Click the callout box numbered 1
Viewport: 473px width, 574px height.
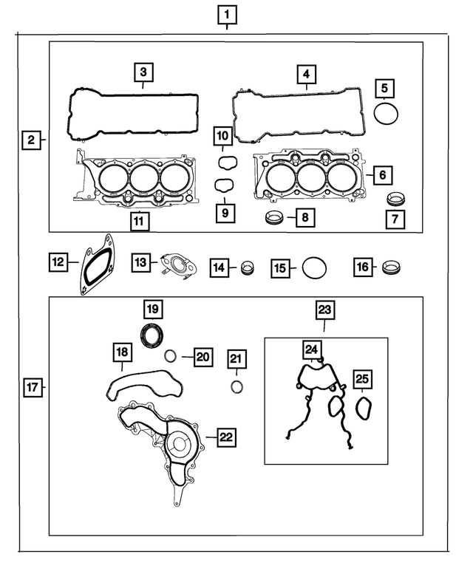228,14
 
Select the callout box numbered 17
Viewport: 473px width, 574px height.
30,386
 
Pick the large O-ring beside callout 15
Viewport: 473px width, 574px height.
314,267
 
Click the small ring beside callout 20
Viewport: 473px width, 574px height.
170,356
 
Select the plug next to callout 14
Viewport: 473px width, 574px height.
248,267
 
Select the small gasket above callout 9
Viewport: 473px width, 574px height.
225,185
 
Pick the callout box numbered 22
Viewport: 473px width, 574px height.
225,438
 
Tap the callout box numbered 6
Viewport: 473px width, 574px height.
381,175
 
